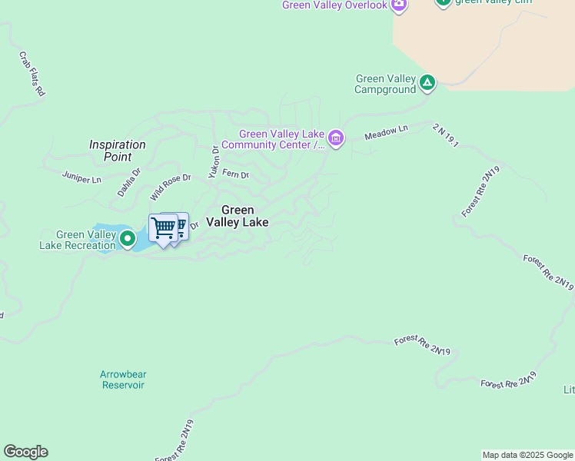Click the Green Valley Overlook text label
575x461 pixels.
pos(334,5)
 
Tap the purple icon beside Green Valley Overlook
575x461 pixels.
pos(398,5)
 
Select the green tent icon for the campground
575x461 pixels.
pos(427,82)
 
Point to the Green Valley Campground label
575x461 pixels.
pos(385,85)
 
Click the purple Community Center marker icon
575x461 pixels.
pos(336,139)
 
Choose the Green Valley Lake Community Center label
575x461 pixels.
pos(273,139)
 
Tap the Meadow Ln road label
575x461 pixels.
pos(386,132)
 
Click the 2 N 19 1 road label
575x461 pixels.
pos(445,134)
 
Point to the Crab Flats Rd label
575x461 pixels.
pos(32,74)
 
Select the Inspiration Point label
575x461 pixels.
pos(117,150)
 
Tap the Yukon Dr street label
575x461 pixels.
pos(215,159)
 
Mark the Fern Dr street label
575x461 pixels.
pos(236,174)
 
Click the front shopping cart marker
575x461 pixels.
pos(163,228)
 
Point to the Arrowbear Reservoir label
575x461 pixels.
pos(123,380)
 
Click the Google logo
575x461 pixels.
pos(25,452)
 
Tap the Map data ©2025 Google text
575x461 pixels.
pos(527,455)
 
